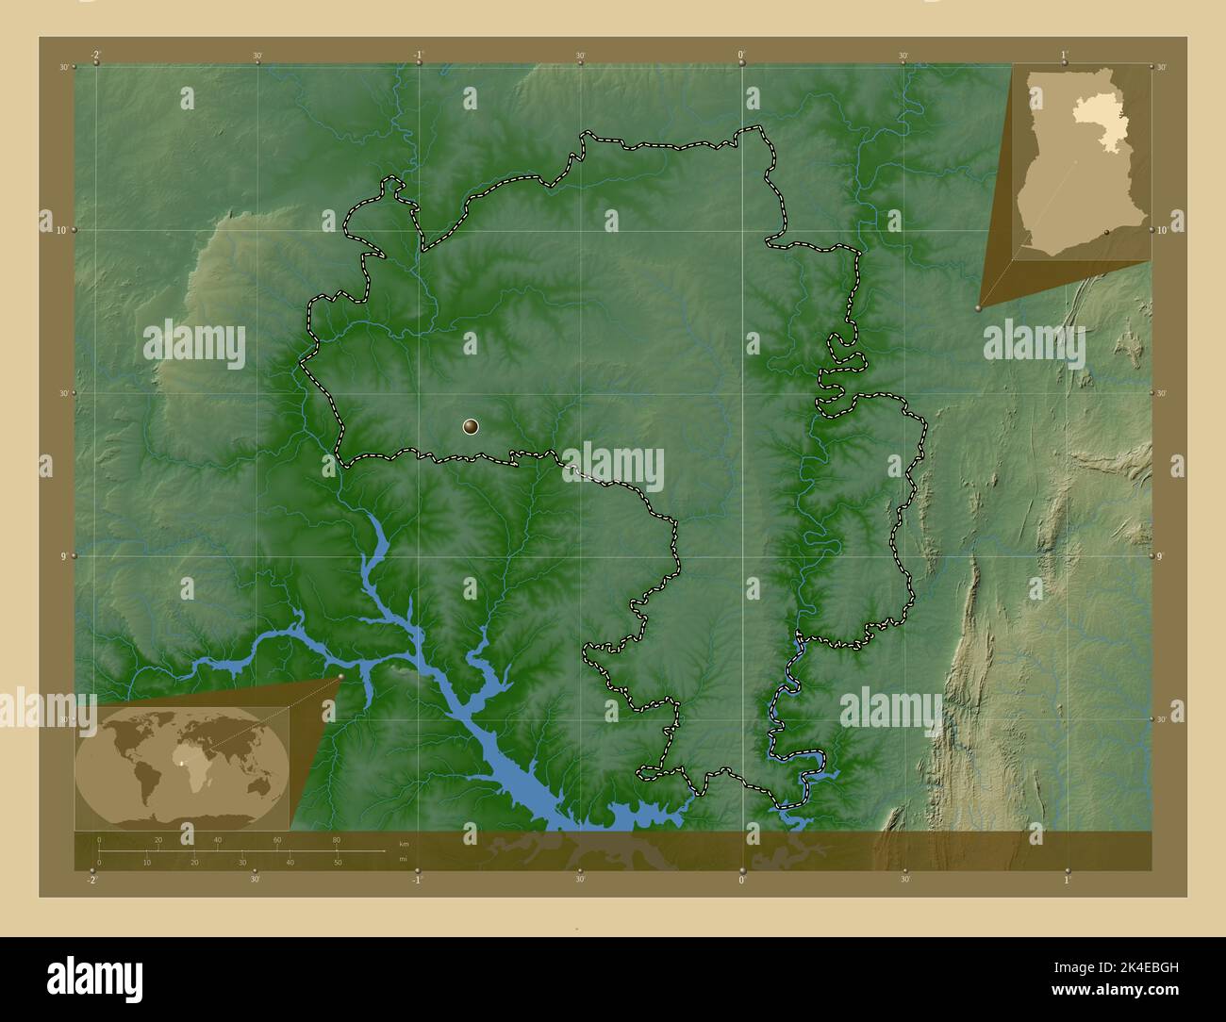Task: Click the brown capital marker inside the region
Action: pyautogui.click(x=471, y=427)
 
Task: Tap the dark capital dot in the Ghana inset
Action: pyautogui.click(x=1107, y=230)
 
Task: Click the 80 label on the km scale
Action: pyautogui.click(x=336, y=840)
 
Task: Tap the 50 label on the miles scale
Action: pyautogui.click(x=337, y=863)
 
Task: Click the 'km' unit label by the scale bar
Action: pyautogui.click(x=404, y=843)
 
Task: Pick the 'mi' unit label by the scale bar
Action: pyautogui.click(x=403, y=859)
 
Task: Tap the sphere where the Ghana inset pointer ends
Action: pyautogui.click(x=979, y=307)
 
